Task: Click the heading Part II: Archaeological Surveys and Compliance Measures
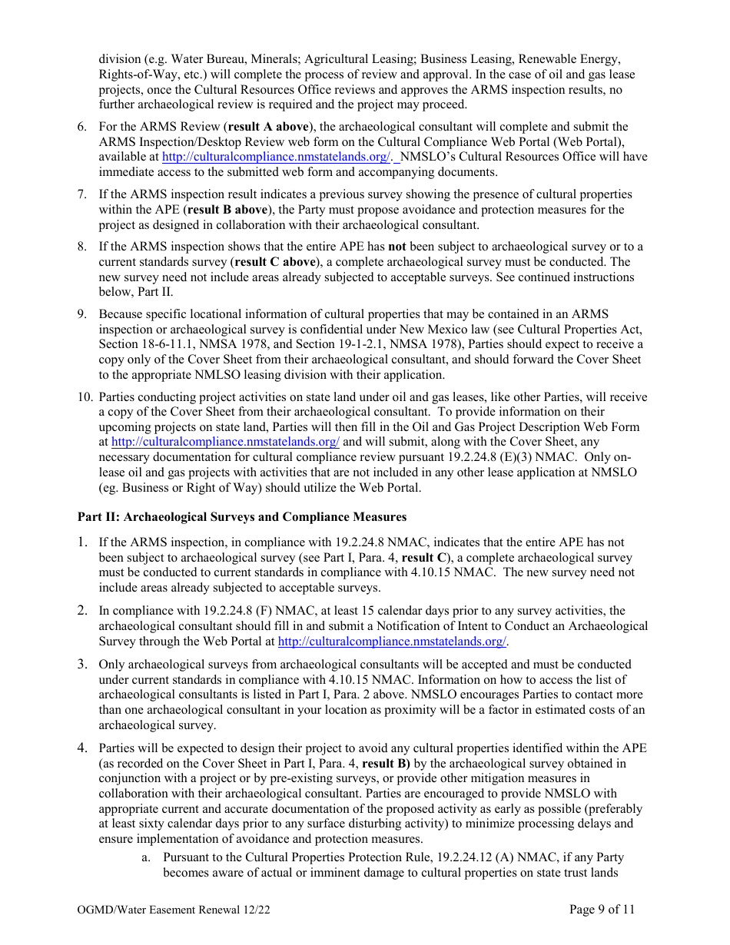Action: pyautogui.click(x=242, y=516)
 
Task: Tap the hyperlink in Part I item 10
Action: pyautogui.click(x=225, y=442)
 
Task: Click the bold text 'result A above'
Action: pyautogui.click(x=268, y=127)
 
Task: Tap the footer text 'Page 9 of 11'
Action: pyautogui.click(x=602, y=910)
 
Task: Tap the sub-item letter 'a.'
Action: pyautogui.click(x=145, y=857)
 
